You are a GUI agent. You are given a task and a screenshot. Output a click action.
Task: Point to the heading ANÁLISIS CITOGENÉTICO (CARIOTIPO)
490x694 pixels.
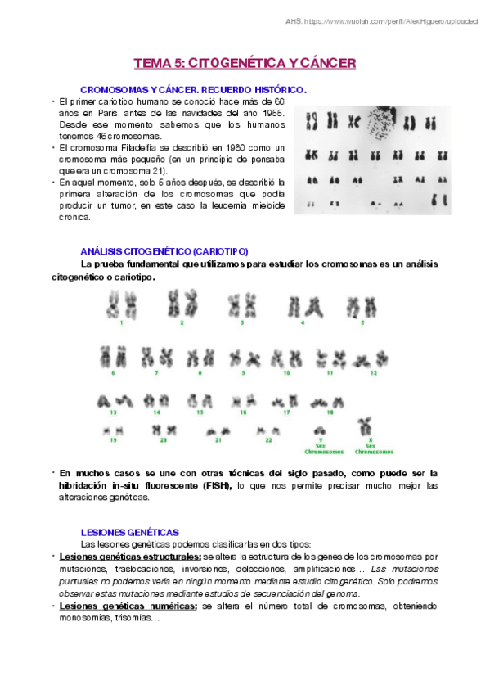click(x=164, y=251)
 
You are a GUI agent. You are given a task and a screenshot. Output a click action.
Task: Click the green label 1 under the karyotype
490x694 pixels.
click(x=121, y=323)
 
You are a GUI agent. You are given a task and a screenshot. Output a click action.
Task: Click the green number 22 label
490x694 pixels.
click(x=268, y=440)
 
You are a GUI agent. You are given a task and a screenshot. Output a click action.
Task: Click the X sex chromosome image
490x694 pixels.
click(x=373, y=427)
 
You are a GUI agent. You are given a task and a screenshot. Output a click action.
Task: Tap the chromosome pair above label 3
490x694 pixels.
click(x=242, y=306)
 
